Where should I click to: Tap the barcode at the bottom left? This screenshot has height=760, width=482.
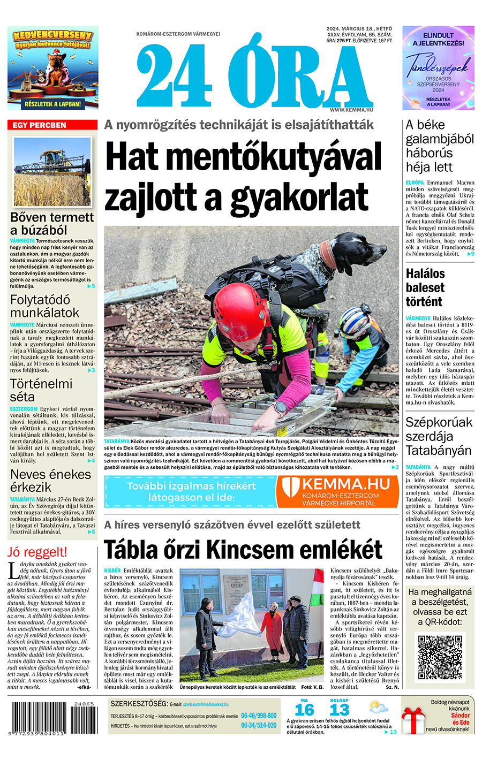point(52,717)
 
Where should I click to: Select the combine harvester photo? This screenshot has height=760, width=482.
point(52,172)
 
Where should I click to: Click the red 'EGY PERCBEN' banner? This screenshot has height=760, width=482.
point(52,125)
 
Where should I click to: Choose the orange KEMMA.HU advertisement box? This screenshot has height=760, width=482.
point(337,491)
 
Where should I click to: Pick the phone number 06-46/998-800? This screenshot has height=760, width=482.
point(259,716)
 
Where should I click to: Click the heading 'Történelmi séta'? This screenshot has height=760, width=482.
point(41,390)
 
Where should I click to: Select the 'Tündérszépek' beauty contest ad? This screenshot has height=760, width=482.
point(438,68)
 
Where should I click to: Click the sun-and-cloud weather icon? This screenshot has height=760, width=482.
point(378,709)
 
